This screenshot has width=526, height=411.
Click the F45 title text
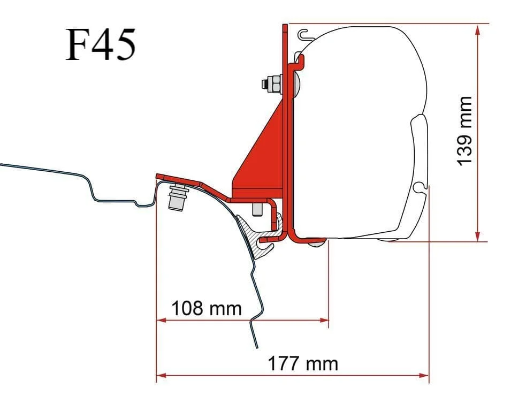[101, 44]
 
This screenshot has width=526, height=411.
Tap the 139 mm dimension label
[465, 131]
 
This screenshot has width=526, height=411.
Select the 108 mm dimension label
[207, 308]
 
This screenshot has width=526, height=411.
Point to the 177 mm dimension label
[303, 363]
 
